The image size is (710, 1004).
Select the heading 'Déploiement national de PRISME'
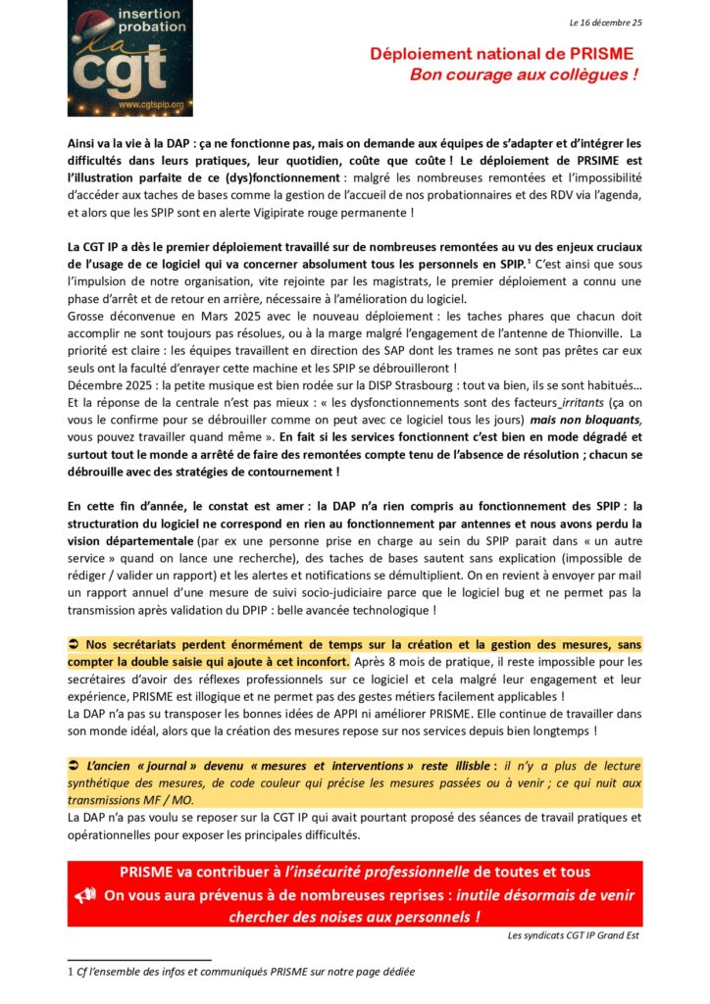pos(501,54)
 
